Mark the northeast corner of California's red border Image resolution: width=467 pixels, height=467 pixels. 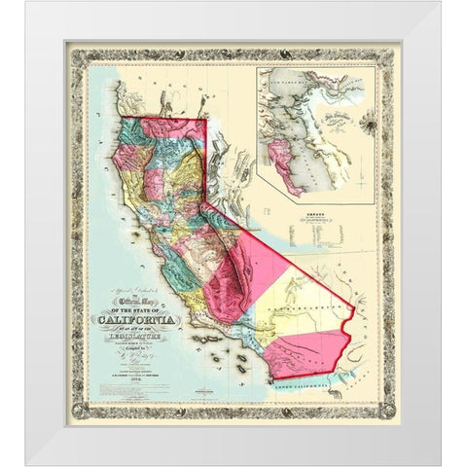(206, 120)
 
